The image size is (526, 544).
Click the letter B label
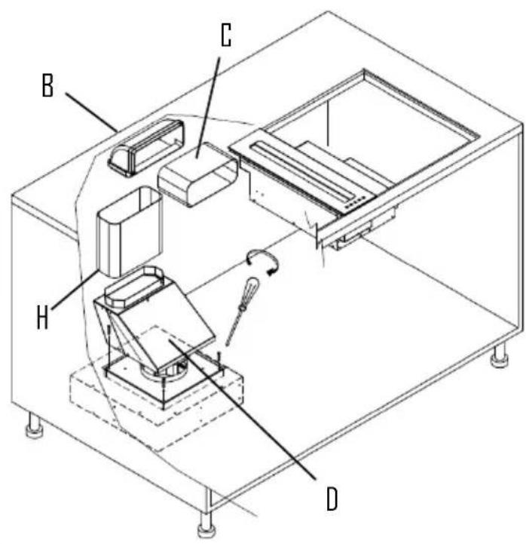pos(48,87)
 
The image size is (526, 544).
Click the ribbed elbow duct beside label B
pos(146,146)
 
